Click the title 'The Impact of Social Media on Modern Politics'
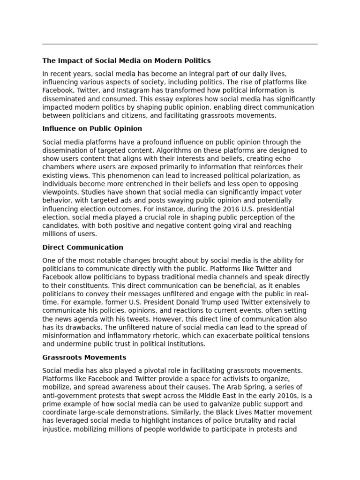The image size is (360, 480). (127, 60)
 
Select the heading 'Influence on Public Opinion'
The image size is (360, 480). (92, 128)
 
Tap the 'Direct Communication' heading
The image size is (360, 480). (82, 247)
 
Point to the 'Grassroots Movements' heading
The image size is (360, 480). (84, 358)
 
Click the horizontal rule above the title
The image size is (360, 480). (180, 44)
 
